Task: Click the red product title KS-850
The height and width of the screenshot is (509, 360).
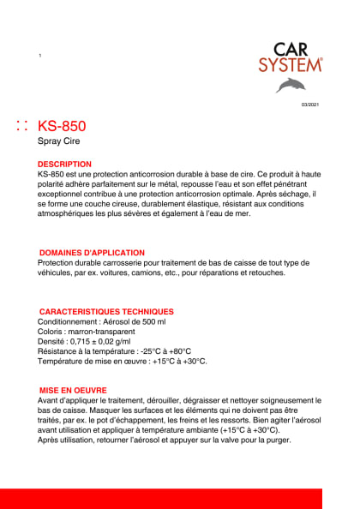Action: coord(62,126)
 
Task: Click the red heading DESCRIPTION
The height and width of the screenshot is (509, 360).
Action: coord(65,164)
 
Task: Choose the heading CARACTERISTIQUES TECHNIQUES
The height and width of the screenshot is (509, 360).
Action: coord(106,311)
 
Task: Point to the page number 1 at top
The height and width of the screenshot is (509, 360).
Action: coord(40,56)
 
